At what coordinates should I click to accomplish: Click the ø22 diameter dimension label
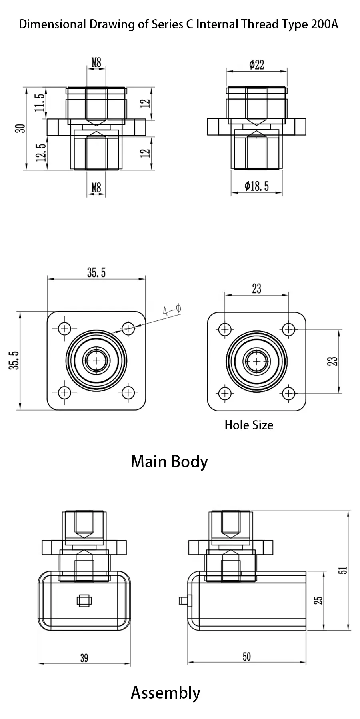256,64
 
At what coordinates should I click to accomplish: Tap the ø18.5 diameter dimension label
256,186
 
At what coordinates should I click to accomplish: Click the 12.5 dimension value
40,152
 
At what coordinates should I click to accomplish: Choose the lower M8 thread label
96,187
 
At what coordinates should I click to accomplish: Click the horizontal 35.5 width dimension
96,273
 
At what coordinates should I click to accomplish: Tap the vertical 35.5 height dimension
14,361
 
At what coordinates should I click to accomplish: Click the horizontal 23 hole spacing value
256,288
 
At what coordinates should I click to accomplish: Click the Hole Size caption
249,425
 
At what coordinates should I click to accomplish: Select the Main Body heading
169,461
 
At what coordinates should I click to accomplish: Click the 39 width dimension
84,658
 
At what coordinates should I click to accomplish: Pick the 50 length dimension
247,657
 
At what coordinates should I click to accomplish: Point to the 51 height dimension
343,570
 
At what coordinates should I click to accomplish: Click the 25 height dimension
318,600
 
